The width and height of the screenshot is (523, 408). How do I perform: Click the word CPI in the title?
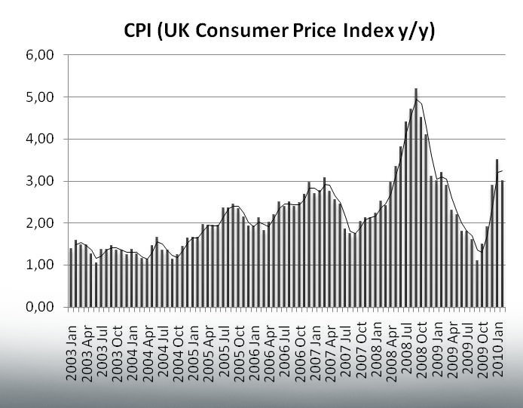pos(143,32)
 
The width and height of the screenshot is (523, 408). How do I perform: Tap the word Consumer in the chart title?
pos(241,32)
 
